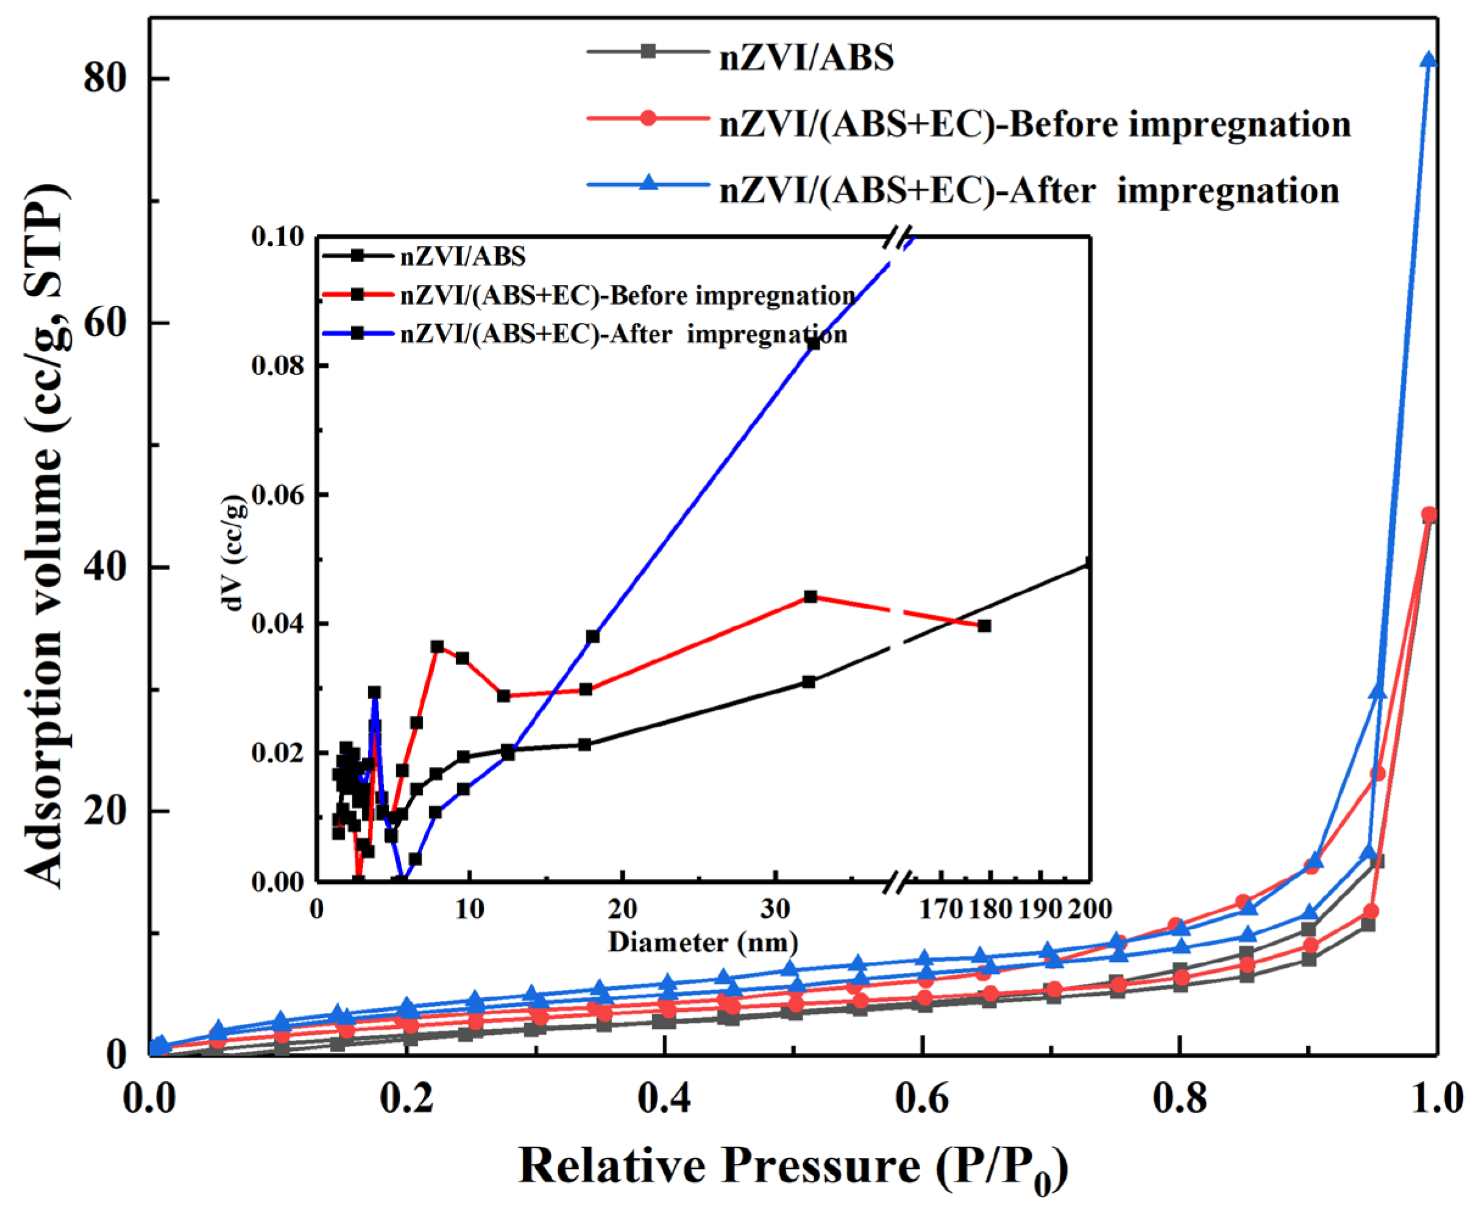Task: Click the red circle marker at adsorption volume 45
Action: [x=1428, y=515]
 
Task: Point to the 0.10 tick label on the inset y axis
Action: [x=279, y=236]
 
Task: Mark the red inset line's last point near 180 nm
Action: [x=984, y=626]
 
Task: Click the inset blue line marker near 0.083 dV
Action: [x=813, y=343]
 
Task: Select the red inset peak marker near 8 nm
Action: [x=437, y=647]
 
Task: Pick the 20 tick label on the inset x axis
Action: [x=622, y=909]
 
